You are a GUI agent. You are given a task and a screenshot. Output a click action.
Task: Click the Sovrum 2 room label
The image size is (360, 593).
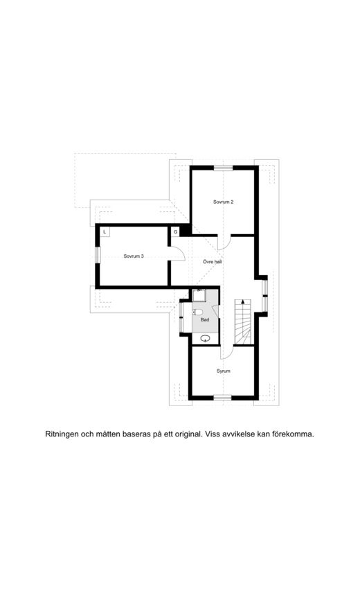pyautogui.click(x=223, y=202)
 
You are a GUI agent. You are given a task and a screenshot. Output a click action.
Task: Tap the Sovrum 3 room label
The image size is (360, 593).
pyautogui.click(x=134, y=256)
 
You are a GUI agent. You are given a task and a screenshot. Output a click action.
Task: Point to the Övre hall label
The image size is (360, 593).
pyautogui.click(x=213, y=262)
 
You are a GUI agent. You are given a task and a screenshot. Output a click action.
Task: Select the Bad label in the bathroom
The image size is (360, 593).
pyautogui.click(x=205, y=319)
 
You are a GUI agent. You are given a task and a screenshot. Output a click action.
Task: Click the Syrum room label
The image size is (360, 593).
pyautogui.click(x=223, y=371)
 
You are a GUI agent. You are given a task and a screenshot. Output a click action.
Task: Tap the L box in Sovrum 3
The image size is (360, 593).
pyautogui.click(x=105, y=232)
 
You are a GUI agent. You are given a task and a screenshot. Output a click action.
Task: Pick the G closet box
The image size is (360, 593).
pyautogui.click(x=175, y=232)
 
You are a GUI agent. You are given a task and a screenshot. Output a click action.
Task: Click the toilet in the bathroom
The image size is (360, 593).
pyautogui.click(x=197, y=312)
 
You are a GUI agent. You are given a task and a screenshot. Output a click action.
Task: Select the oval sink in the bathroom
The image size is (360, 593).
pyautogui.click(x=206, y=339)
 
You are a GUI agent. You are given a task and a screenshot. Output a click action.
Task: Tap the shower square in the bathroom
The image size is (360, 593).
pyautogui.click(x=199, y=295)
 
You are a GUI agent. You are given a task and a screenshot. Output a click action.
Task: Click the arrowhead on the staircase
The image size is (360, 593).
pyautogui.click(x=242, y=301)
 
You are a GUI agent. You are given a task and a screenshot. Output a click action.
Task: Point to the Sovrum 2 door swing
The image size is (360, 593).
pyautogui.click(x=225, y=242)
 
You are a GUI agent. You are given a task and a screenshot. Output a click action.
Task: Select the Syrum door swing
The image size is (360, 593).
pyautogui.click(x=226, y=352)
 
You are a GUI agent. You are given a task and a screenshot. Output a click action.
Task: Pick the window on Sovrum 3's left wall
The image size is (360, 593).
pyautogui.click(x=98, y=255)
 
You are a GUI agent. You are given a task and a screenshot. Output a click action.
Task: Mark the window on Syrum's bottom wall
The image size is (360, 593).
pyautogui.click(x=222, y=397)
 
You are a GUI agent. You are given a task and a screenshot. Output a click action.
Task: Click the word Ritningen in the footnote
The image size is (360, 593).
pyautogui.click(x=62, y=434)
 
